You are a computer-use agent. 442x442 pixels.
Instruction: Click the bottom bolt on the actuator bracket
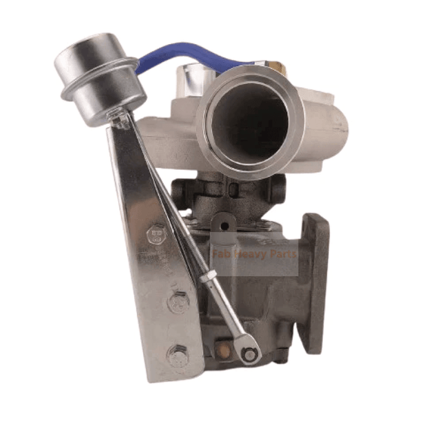pos(178,357)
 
